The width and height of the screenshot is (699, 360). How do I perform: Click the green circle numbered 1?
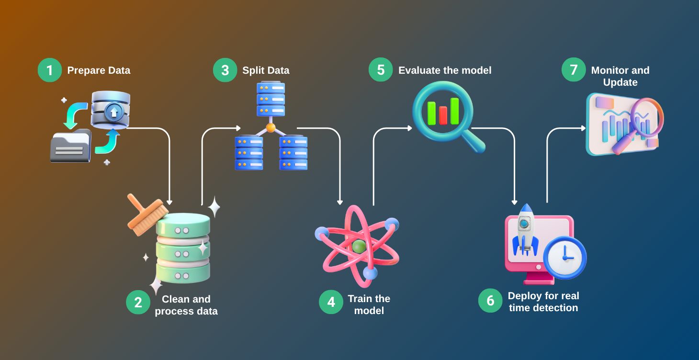point(50,70)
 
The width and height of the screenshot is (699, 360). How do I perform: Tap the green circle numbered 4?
point(331,302)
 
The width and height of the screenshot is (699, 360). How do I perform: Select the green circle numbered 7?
point(574,70)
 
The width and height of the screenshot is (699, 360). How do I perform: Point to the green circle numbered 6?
point(490,301)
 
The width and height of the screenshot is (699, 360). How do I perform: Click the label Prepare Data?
point(99,70)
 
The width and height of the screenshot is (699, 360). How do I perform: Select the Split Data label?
point(266,70)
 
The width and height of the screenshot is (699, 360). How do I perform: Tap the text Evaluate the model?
point(445,70)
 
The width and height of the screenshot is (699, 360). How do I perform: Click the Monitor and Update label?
point(620,76)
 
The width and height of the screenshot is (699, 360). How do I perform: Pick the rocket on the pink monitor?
point(525,229)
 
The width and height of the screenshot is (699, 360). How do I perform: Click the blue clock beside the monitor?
point(565,258)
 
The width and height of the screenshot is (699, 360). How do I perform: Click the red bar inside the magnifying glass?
point(443,115)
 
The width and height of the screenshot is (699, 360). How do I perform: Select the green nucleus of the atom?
point(359,247)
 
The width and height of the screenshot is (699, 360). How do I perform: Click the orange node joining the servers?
point(271,128)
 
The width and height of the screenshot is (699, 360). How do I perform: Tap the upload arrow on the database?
point(113,112)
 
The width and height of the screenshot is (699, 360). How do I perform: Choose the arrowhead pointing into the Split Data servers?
point(238,128)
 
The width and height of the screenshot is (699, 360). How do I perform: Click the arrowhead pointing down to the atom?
point(340,202)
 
